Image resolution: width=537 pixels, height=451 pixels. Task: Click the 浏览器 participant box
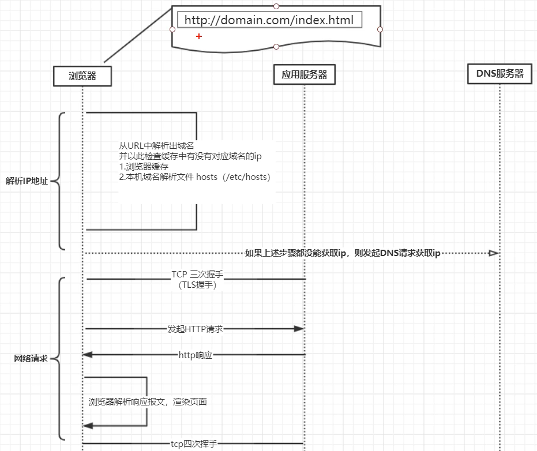coord(82,76)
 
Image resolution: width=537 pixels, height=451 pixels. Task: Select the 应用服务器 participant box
coord(305,74)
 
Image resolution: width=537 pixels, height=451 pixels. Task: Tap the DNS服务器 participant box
coord(500,73)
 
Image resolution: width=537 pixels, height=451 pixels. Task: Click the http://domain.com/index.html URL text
coord(269,20)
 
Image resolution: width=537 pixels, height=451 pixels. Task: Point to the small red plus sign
coord(199,36)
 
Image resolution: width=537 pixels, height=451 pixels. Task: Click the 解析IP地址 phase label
coord(27,181)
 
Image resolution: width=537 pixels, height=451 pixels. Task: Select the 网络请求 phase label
coord(31,359)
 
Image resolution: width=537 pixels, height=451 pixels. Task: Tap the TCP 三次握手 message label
coord(197,275)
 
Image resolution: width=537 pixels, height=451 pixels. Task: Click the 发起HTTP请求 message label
coord(195,329)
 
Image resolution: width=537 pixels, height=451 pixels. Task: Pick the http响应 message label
coord(196,355)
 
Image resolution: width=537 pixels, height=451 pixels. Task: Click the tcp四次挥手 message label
coord(194,444)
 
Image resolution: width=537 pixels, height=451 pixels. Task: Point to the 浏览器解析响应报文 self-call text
coord(148,401)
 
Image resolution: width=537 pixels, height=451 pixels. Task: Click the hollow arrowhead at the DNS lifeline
coord(494,253)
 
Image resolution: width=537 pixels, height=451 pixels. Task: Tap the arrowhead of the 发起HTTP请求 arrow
coord(299,329)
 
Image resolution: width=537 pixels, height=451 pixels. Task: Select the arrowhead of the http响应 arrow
coord(88,355)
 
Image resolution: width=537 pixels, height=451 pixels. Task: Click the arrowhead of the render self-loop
coord(88,426)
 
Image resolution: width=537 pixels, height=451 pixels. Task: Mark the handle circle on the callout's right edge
coord(380,29)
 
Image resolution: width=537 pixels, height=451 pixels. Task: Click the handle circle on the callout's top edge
coord(276,6)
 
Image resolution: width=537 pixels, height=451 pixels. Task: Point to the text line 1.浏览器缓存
coord(144,167)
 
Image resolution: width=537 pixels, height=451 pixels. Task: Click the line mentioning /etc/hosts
coord(194,177)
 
